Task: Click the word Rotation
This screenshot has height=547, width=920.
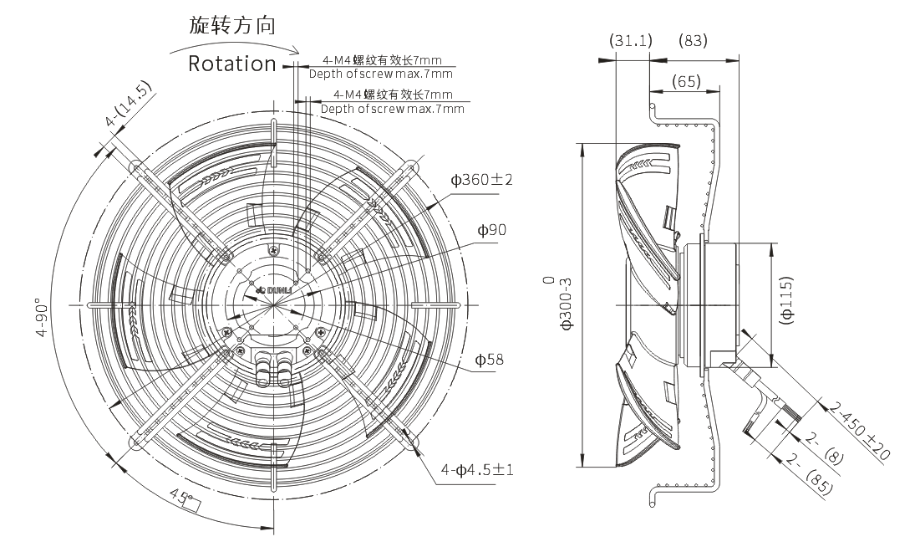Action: (231, 64)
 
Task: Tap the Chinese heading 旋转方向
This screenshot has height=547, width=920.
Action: (231, 25)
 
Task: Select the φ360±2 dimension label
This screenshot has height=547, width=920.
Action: (481, 180)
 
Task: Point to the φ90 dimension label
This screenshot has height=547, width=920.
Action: (491, 230)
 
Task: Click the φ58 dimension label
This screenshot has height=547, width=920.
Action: (489, 359)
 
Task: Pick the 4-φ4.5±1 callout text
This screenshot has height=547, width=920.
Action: (477, 470)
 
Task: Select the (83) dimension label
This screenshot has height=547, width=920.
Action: (693, 40)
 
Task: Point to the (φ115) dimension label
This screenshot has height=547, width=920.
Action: (787, 299)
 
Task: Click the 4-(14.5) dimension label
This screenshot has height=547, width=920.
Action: (128, 104)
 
